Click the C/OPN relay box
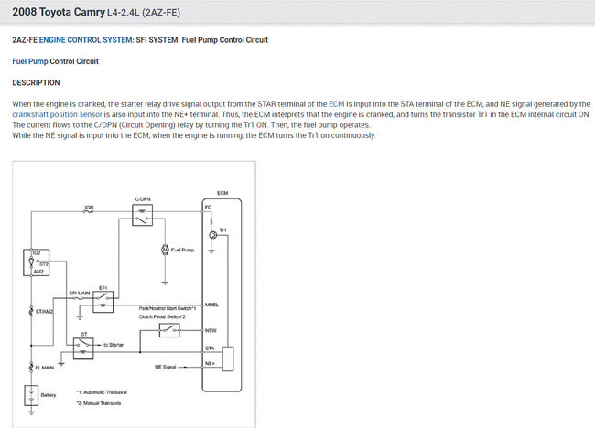click(x=142, y=216)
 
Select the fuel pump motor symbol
click(x=165, y=249)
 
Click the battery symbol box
click(x=31, y=395)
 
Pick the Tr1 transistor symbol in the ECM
click(x=212, y=235)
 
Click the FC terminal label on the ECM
click(x=209, y=207)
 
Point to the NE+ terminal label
click(x=210, y=363)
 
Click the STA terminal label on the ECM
click(x=210, y=348)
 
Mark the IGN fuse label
click(x=89, y=208)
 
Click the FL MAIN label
click(x=46, y=368)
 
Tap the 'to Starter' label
click(x=115, y=344)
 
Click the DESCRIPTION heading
click(x=36, y=82)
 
